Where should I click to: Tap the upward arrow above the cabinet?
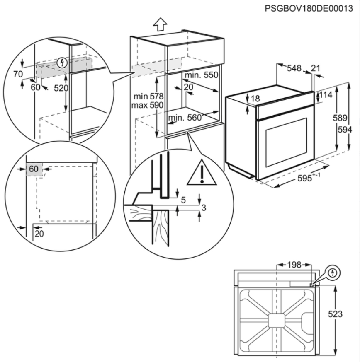(160, 24)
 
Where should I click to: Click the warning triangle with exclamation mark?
(202, 173)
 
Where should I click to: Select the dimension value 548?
(294, 68)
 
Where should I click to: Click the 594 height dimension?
(345, 130)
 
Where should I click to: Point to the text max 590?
(147, 105)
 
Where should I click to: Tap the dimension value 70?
(17, 75)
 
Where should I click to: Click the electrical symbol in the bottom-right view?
(333, 273)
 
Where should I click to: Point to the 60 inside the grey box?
(34, 169)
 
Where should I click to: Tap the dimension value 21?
(316, 68)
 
